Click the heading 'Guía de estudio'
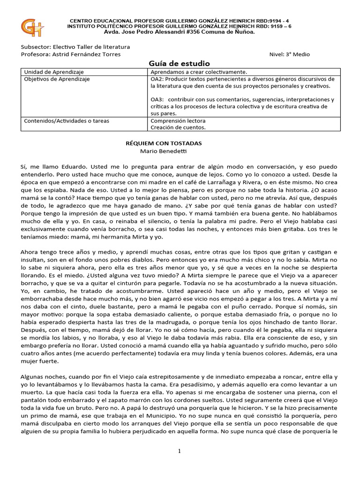tap(179, 63)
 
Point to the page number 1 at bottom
tap(179, 451)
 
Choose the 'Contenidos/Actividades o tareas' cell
tap(66, 120)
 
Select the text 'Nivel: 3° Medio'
tap(289, 54)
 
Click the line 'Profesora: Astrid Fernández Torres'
tap(71, 54)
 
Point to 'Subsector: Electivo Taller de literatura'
tap(75, 47)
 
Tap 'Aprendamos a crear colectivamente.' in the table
tap(198, 72)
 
